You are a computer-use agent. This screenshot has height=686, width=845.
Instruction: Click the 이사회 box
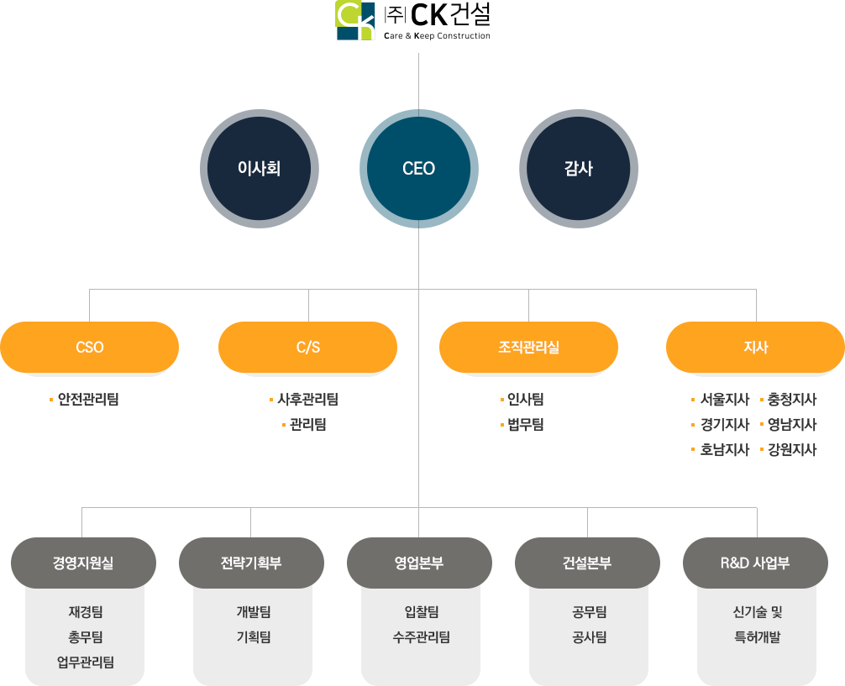click(x=259, y=168)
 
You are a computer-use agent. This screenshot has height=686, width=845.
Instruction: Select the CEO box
click(x=418, y=168)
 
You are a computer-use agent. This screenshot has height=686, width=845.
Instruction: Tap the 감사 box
click(x=578, y=168)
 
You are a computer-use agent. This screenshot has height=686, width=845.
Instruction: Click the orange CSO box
click(x=90, y=347)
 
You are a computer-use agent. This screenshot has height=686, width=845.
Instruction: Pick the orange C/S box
click(x=307, y=347)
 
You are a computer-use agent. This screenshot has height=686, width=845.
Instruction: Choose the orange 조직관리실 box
click(x=528, y=347)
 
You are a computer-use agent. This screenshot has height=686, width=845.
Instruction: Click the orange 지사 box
click(x=755, y=347)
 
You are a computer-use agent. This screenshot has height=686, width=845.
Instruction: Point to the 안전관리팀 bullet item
click(x=87, y=400)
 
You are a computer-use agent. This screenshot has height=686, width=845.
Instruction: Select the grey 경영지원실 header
click(x=82, y=563)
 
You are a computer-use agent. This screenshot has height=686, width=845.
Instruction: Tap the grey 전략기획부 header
click(x=250, y=563)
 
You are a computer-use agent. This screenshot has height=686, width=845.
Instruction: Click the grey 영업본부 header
click(x=418, y=563)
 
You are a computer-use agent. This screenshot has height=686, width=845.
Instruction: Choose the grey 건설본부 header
click(x=587, y=563)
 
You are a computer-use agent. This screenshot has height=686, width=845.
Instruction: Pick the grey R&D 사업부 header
click(x=755, y=563)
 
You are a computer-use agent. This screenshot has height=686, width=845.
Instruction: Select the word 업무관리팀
click(x=85, y=662)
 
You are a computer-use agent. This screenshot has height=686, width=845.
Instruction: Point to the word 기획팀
click(x=253, y=637)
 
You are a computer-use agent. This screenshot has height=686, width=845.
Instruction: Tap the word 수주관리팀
click(x=421, y=637)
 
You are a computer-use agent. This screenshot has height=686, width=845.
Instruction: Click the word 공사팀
click(x=589, y=637)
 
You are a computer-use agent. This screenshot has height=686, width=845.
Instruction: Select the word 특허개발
click(x=757, y=637)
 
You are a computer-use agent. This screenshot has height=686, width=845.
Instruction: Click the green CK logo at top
click(x=357, y=21)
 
